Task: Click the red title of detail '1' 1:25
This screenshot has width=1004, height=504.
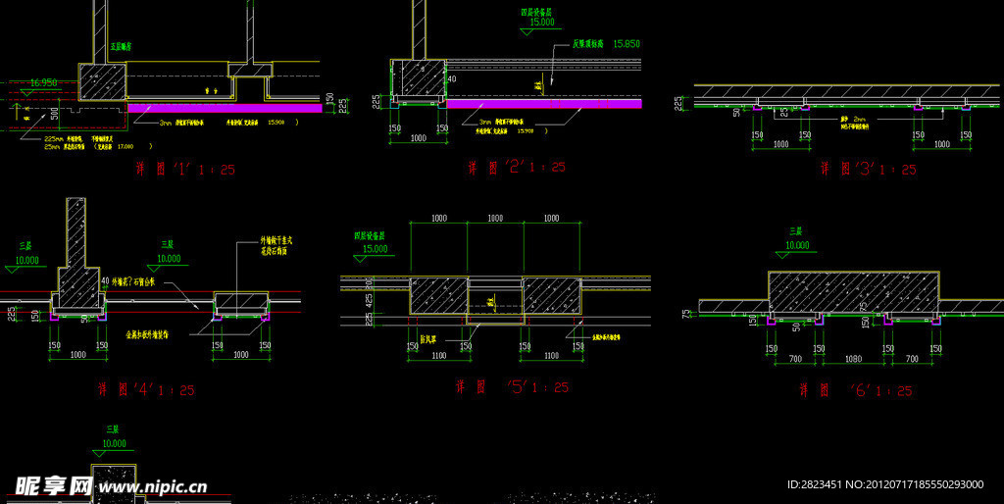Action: [185, 169]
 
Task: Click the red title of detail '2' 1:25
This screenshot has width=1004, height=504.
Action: [516, 168]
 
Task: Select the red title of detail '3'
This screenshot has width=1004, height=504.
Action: [868, 169]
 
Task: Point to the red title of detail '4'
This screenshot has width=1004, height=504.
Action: [145, 389]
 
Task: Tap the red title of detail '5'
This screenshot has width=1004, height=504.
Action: [511, 387]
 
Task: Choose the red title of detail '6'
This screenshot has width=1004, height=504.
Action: [856, 390]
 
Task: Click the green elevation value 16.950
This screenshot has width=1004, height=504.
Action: [44, 83]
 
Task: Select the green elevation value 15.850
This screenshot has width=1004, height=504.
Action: [626, 44]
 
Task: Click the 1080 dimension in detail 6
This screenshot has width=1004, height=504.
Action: [853, 360]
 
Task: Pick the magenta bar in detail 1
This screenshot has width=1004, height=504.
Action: [226, 107]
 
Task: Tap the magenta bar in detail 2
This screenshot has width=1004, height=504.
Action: [544, 103]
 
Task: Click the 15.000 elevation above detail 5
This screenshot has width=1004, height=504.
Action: [376, 249]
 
